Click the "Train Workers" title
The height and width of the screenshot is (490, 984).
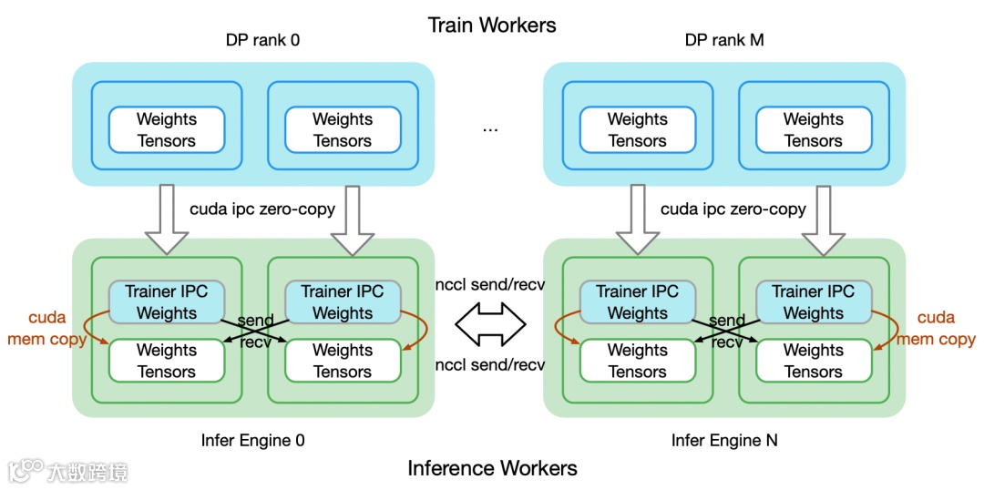[492, 25]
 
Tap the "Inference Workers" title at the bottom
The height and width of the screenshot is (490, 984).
[492, 468]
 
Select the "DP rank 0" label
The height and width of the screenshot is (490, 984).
[262, 40]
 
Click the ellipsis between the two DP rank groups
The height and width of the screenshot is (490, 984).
[490, 129]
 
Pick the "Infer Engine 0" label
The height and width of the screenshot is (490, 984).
[253, 441]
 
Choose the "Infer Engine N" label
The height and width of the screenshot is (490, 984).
[724, 441]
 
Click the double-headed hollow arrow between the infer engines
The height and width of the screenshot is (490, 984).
[491, 322]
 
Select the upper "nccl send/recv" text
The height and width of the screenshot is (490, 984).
[490, 284]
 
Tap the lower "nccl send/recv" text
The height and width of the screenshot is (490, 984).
[490, 364]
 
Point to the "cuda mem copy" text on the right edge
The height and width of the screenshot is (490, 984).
[937, 329]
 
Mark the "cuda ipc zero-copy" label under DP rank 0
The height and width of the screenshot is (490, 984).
[262, 209]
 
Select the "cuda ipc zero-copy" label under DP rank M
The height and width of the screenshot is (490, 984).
[733, 209]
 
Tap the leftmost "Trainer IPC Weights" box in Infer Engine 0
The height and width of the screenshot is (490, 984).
[166, 302]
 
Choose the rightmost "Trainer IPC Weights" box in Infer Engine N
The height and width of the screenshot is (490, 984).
[813, 302]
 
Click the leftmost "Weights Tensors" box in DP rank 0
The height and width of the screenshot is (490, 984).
[166, 130]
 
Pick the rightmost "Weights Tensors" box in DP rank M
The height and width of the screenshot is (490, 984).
[813, 130]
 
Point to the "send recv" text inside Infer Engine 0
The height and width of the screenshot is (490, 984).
[255, 332]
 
